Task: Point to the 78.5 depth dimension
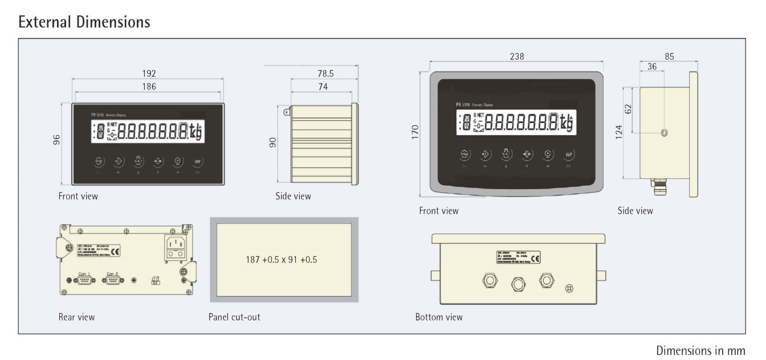pos(325,73)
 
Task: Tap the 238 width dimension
pos(517,56)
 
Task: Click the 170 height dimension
pos(415,132)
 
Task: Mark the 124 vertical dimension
pos(619,132)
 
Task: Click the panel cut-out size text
pos(281,259)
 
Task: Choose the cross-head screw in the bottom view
pos(568,288)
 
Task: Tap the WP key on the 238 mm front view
pos(568,154)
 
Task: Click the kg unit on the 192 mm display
pos(195,130)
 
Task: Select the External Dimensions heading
pos(84,22)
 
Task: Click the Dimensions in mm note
pos(700,350)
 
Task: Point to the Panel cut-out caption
pos(234,317)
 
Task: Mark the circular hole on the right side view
pos(664,133)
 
